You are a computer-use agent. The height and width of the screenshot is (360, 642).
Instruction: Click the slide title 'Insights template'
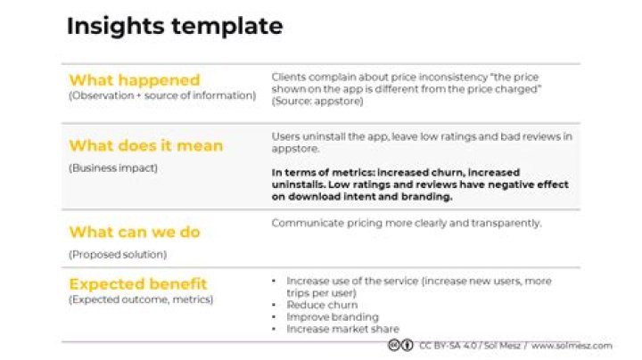point(175,27)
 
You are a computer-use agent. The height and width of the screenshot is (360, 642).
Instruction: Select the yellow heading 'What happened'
point(135,80)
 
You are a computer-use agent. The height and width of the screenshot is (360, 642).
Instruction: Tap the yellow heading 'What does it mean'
point(146,145)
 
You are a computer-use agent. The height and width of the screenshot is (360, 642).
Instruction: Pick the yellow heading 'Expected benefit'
point(138,284)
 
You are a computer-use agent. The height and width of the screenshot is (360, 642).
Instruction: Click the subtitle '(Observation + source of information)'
point(162,94)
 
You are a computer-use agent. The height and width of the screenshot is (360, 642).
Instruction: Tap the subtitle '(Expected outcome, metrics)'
point(141,299)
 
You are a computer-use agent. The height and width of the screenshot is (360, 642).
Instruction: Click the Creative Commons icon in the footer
point(400,345)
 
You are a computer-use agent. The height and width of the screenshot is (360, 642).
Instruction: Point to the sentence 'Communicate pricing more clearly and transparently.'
point(407,224)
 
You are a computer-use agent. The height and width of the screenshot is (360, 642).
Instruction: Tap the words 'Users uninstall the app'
point(325,136)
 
